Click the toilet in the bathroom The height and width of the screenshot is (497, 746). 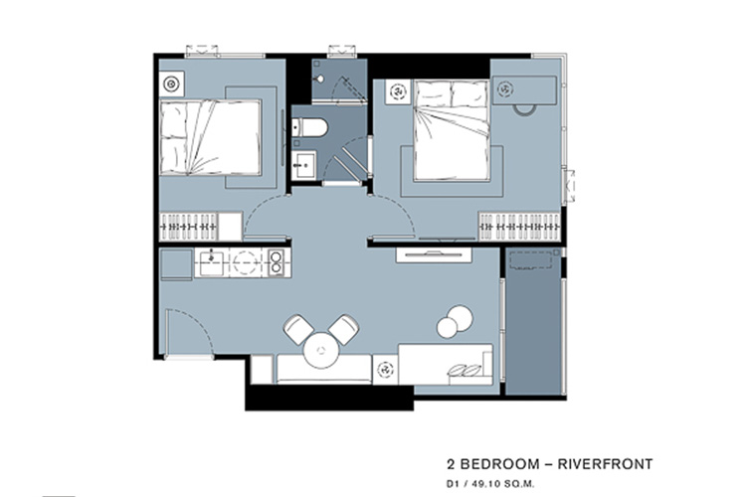310,128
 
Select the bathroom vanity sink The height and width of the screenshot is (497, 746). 303,165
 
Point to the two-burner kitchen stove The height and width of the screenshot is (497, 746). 276,262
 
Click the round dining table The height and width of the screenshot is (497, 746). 321,351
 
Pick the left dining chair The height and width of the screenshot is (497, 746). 298,329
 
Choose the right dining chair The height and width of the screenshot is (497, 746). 343,329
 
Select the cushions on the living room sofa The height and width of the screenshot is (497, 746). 465,370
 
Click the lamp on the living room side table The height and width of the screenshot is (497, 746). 385,369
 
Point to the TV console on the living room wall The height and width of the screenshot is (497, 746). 434,254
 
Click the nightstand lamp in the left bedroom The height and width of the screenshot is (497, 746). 171,84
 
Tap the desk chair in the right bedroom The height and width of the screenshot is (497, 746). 524,109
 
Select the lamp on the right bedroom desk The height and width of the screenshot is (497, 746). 505,88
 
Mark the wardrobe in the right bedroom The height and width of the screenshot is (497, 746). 519,227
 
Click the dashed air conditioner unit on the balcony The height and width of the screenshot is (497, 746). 530,260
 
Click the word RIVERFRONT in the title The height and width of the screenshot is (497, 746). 605,464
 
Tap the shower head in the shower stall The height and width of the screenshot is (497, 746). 320,79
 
